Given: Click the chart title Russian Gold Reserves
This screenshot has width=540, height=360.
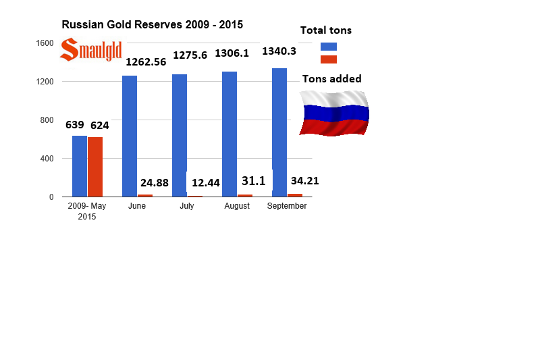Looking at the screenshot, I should tap(152, 24).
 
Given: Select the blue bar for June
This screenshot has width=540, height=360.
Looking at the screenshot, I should tap(130, 136).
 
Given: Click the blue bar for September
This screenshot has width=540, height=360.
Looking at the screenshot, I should tap(279, 132).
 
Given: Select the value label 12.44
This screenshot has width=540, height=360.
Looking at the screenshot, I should tap(206, 182).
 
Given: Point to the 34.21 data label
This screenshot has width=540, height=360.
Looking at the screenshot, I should tap(304, 180).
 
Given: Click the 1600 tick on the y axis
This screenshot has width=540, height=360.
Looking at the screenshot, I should tap(45, 43).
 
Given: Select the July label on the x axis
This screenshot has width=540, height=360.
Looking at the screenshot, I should tap(187, 206).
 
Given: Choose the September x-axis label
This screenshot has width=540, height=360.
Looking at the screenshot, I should tap(287, 206).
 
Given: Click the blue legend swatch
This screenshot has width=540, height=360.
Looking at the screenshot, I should tap(329, 47).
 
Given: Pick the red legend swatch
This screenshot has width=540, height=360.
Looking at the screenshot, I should tap(329, 59).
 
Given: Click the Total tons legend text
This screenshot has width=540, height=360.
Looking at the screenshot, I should tap(326, 30).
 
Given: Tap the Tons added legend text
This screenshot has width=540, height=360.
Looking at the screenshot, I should tap(331, 79).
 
